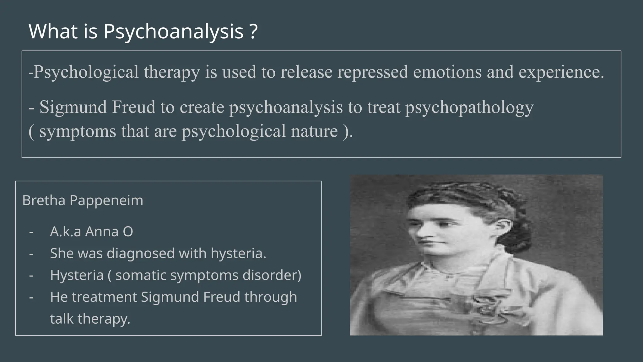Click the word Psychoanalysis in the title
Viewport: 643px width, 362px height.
tap(173, 31)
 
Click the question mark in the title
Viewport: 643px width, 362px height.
tap(254, 31)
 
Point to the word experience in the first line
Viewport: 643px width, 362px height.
tap(561, 72)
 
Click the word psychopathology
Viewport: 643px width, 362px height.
tap(469, 107)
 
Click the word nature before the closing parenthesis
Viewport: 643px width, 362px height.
tap(314, 131)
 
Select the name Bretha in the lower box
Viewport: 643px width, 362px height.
tap(44, 200)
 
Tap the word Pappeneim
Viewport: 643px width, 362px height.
tap(106, 200)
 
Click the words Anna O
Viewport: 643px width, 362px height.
tap(109, 232)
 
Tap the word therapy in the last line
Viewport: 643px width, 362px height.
tap(104, 319)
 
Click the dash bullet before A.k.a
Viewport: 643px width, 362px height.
tap(31, 232)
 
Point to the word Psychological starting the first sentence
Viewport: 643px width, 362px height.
tap(86, 72)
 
